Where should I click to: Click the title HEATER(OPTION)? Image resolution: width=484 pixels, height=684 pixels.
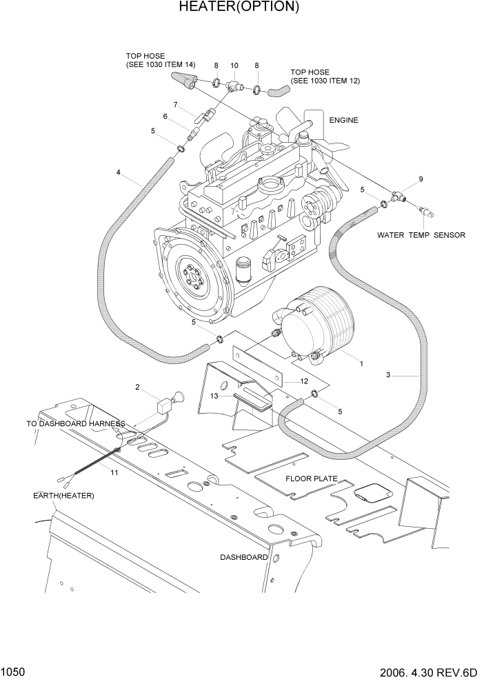coord(239,8)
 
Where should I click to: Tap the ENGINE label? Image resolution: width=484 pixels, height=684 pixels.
coord(343,120)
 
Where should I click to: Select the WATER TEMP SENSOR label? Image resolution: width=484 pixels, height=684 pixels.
coord(421,235)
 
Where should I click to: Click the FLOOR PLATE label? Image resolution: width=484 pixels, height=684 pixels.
coord(312,478)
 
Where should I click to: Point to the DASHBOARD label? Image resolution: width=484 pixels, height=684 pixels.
coord(244,556)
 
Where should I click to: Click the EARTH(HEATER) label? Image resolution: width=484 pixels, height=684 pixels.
coord(63,496)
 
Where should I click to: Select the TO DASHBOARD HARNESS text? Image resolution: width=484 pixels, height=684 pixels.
coord(76,423)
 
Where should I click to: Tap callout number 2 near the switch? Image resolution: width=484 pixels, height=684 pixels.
coord(137,388)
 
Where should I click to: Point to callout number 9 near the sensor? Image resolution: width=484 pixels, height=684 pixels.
coord(421,179)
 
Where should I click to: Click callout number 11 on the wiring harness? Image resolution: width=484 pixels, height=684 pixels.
coord(114,472)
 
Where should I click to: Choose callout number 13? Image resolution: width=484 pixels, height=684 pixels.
coord(214,396)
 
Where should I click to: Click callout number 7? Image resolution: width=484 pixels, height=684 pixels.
coord(176,105)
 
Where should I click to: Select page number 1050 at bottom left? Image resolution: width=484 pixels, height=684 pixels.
coord(13,670)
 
